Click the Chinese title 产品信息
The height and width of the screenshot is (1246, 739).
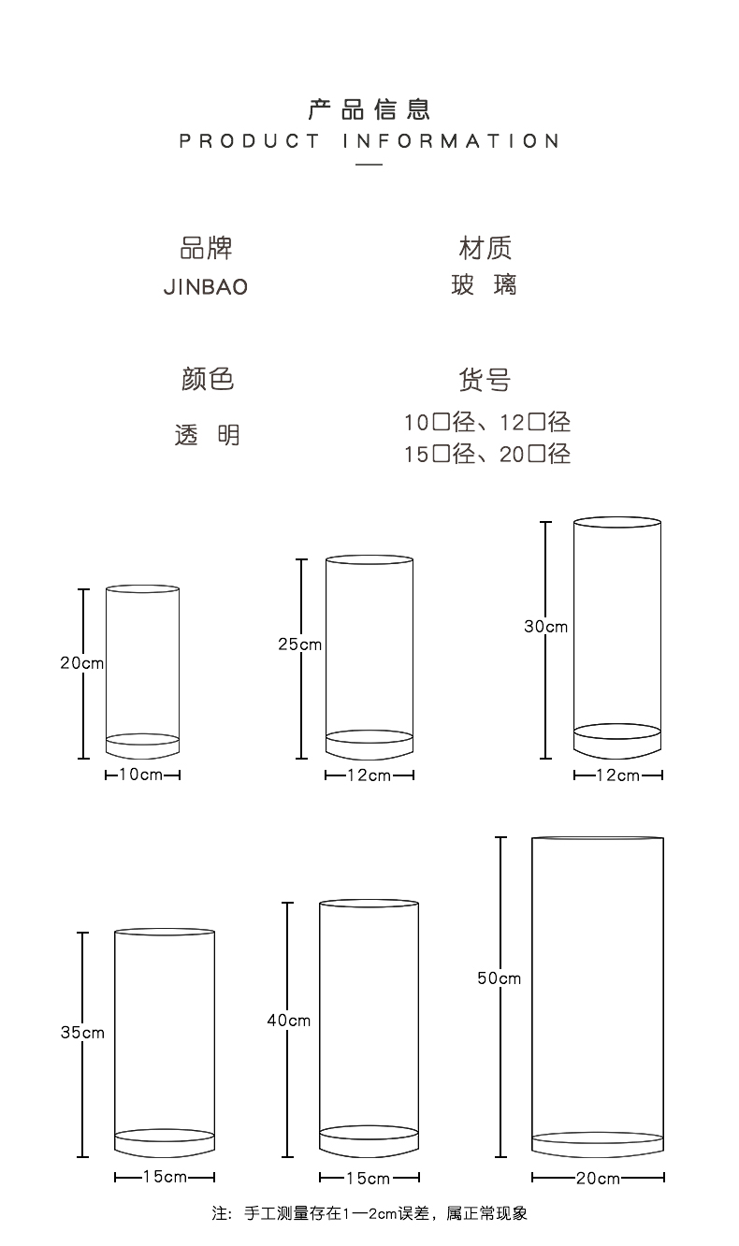(369, 109)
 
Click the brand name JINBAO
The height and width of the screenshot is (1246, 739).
(206, 287)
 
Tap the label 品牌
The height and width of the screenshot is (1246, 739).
(207, 248)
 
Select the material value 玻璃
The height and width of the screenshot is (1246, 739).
(484, 284)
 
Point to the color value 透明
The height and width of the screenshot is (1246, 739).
(207, 434)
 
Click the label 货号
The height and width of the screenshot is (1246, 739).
(485, 380)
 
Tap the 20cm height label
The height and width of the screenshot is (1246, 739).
(81, 663)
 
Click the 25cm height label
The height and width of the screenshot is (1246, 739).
(299, 645)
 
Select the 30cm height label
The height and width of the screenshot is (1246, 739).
(545, 627)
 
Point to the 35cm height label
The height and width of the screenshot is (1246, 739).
(82, 1033)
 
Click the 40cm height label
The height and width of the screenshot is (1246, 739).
(289, 1021)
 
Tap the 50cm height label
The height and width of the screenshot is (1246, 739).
(499, 978)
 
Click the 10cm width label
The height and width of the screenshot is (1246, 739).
(140, 775)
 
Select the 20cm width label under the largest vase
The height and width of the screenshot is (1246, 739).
(598, 1178)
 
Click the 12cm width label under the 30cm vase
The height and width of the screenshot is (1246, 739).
(617, 775)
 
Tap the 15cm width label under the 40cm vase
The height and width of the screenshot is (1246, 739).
(369, 1178)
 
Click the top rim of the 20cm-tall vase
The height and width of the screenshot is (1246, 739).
(142, 585)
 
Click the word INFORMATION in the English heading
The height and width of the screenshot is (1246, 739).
(451, 141)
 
